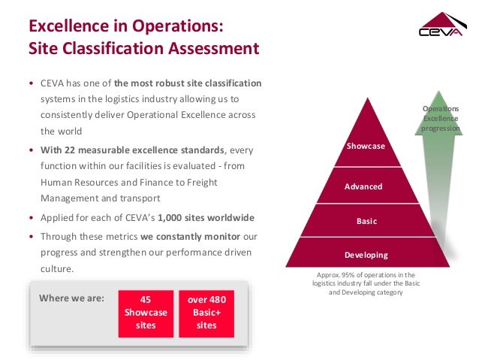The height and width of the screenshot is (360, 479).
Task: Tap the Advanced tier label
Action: pyautogui.click(x=363, y=186)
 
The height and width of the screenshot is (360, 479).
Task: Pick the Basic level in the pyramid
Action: pyautogui.click(x=366, y=222)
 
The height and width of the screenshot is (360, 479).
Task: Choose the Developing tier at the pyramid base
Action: pyautogui.click(x=366, y=255)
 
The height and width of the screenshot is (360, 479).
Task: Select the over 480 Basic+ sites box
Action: pyautogui.click(x=207, y=313)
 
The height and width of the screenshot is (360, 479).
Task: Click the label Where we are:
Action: pyautogui.click(x=71, y=298)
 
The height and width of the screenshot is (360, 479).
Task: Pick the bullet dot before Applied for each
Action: pyautogui.click(x=31, y=218)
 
